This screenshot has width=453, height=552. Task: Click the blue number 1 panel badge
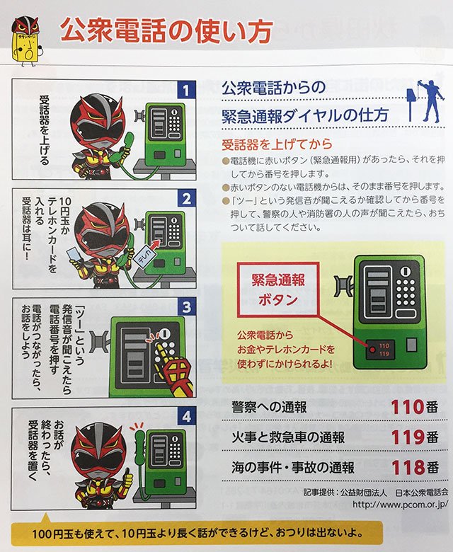[186, 90]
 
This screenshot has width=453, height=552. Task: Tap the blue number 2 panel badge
[186, 199]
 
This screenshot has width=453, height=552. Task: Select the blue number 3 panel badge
[186, 307]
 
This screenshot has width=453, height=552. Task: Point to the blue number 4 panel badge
[186, 417]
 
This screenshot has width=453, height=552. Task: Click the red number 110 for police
[407, 407]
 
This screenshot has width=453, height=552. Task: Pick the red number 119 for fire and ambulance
[408, 437]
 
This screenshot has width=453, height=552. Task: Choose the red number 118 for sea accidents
[408, 468]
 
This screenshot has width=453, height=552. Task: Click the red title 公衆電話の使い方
[166, 31]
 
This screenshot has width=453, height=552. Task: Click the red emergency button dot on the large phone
[372, 350]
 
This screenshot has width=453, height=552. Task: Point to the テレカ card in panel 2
[144, 258]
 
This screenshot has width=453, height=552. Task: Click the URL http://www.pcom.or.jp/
[400, 504]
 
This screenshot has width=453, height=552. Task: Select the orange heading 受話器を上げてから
[277, 144]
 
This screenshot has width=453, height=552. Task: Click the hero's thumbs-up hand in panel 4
[127, 476]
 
